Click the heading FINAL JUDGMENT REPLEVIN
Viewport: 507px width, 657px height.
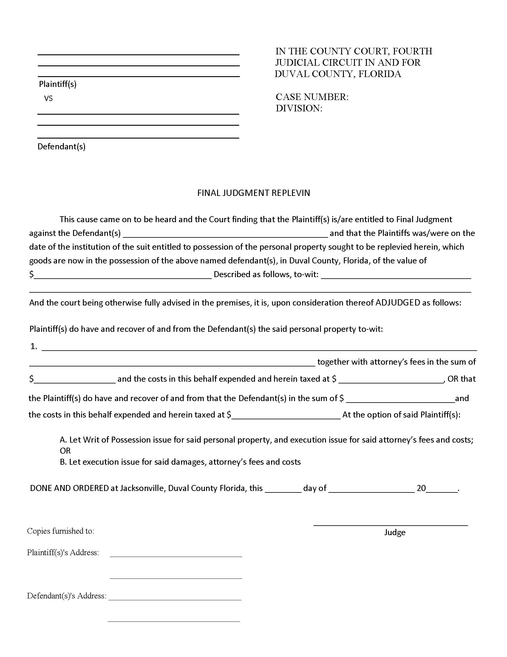[x=253, y=193]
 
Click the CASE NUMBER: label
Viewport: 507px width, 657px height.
[x=312, y=97]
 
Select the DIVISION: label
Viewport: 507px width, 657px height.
[x=299, y=108]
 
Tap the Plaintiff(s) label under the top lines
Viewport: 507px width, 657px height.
[x=58, y=84]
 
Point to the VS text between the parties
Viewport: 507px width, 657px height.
[x=48, y=98]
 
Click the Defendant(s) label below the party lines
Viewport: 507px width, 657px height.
[x=61, y=147]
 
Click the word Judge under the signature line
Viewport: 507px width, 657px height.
[x=395, y=532]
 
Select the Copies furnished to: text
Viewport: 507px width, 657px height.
[x=60, y=531]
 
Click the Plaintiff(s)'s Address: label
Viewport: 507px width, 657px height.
[x=63, y=552]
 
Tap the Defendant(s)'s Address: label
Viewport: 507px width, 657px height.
[x=67, y=596]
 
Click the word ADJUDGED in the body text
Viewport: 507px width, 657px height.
[x=398, y=303]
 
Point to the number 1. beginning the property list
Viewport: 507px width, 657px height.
[x=34, y=346]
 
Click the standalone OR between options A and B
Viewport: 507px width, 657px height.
[x=65, y=451]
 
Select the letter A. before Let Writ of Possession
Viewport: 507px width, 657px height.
[x=63, y=440]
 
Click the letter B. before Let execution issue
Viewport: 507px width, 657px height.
[x=63, y=462]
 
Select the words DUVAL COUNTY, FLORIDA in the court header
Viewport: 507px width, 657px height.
[x=338, y=74]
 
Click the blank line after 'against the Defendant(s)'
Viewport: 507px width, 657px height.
[x=225, y=236]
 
